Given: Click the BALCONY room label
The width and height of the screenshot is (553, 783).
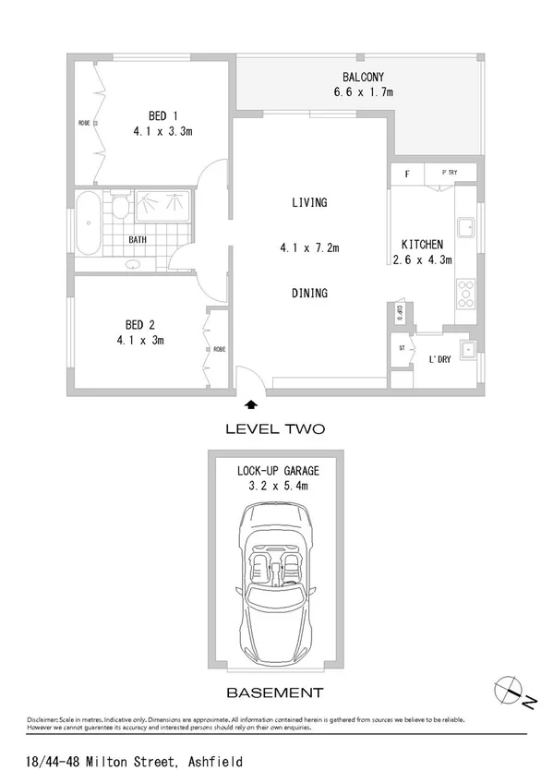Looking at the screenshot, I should click(x=363, y=78).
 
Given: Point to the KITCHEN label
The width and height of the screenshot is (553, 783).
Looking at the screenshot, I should click(x=422, y=245).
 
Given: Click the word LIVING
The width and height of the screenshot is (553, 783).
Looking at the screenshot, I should click(x=309, y=202).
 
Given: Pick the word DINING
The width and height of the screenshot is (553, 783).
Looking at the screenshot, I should click(x=309, y=294).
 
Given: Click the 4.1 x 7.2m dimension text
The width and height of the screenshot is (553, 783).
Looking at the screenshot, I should click(x=309, y=247).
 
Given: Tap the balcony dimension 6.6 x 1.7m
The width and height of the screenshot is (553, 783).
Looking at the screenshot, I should click(x=363, y=92).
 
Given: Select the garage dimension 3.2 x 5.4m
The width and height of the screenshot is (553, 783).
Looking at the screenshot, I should click(x=277, y=486).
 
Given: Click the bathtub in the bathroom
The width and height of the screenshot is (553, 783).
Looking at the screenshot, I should click(x=90, y=224).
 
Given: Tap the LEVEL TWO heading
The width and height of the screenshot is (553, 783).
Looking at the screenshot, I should click(x=275, y=429).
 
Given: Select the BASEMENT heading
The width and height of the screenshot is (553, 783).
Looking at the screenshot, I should click(x=276, y=693).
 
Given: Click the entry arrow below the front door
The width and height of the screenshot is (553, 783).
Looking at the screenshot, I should click(x=249, y=404).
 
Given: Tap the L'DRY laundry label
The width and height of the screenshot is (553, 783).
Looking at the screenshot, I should click(x=438, y=359).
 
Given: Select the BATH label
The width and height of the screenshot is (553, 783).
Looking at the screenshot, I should click(x=138, y=240).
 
